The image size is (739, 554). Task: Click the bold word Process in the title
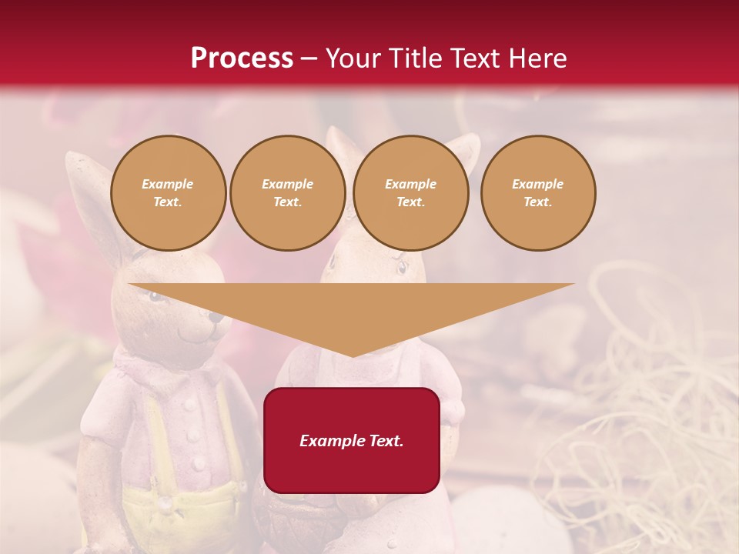(x=242, y=58)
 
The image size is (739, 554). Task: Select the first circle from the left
(x=168, y=193)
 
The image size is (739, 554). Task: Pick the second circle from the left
(x=287, y=193)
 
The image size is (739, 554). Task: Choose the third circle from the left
(x=410, y=193)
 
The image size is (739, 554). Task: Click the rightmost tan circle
(x=537, y=193)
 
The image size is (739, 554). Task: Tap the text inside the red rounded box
(x=352, y=441)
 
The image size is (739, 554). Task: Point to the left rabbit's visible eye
(x=157, y=297)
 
